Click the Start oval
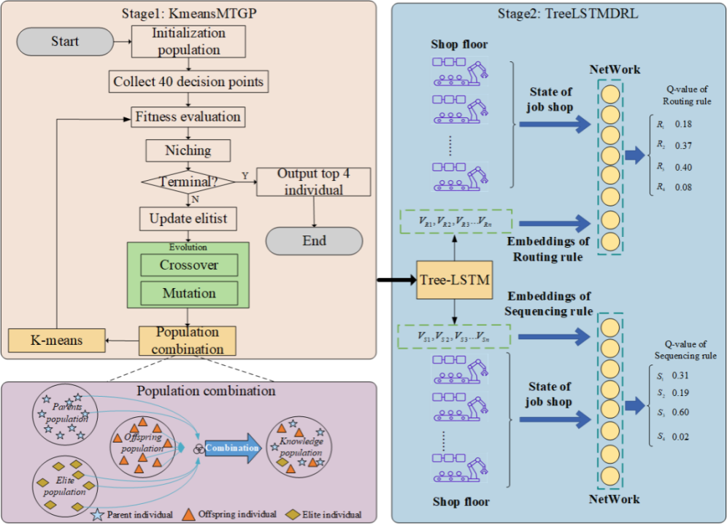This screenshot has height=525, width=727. coord(65,42)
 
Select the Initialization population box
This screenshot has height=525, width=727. coord(189,42)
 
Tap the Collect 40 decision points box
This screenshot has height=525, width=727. coord(188,81)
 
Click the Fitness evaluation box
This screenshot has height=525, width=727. coord(188,116)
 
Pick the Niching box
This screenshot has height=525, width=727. coord(188,151)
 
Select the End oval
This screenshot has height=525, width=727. coord(314,241)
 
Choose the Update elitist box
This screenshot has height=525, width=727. coord(188,218)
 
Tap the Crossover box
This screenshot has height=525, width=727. coord(188,265)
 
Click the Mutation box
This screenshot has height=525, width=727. coord(188,293)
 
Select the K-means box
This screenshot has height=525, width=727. coord(55,340)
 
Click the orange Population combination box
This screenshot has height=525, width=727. coord(188,341)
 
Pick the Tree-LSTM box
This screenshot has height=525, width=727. coord(454,280)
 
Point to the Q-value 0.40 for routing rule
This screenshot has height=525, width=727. coord(682,168)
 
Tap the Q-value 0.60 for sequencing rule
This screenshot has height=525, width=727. coord(682,412)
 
